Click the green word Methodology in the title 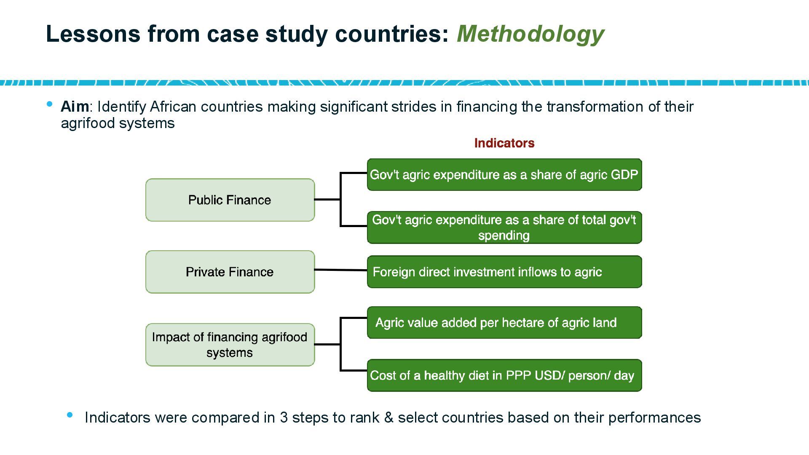click(x=530, y=34)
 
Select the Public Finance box click(x=230, y=200)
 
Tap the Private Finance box click(x=230, y=272)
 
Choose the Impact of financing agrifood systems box click(x=230, y=345)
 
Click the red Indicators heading click(x=504, y=143)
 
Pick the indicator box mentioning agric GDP click(x=504, y=175)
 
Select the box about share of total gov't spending click(x=504, y=227)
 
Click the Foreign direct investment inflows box click(x=504, y=272)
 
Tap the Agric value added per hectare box click(x=504, y=323)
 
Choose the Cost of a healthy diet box click(x=504, y=375)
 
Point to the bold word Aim click(x=75, y=107)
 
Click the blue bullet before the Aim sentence click(x=50, y=104)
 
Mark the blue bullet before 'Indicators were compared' click(x=70, y=415)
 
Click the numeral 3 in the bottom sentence click(x=284, y=418)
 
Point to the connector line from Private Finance click(x=341, y=270)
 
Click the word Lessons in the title click(x=93, y=34)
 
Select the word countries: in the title click(x=392, y=34)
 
